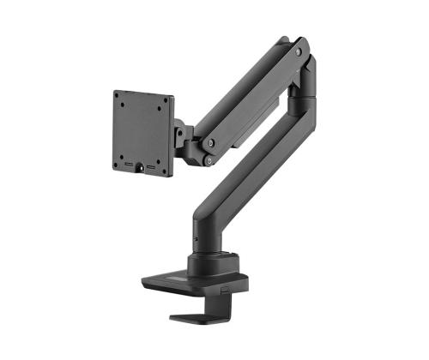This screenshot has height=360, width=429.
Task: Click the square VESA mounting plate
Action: click(142, 132)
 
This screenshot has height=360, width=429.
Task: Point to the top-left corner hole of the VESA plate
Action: click(122, 102)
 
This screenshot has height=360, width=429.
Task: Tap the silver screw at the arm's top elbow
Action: click(299, 52)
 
